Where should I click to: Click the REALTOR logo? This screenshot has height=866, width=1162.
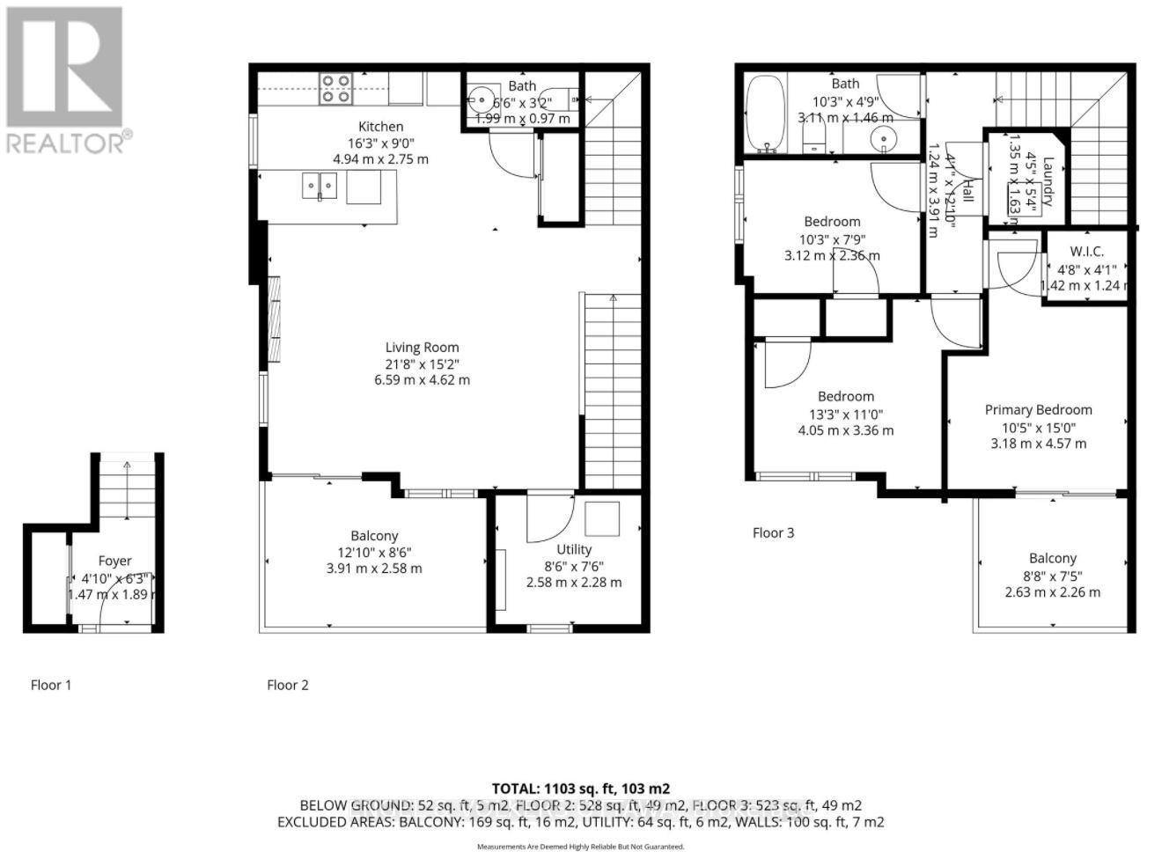[x=65, y=79]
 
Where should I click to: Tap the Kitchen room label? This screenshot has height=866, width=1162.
[x=380, y=127]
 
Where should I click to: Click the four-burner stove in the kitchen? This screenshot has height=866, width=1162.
[x=335, y=88]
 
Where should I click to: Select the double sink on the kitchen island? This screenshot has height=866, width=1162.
[x=320, y=187]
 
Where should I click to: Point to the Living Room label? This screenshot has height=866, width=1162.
[x=422, y=347]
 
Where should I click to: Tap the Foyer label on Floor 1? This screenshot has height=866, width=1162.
[x=114, y=561]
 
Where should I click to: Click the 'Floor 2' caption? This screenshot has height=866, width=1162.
[x=288, y=685]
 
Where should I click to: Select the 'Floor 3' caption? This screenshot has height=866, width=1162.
[x=773, y=532]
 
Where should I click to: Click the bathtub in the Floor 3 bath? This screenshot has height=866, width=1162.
[x=765, y=114]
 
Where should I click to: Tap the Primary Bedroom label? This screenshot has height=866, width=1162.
[x=1038, y=409]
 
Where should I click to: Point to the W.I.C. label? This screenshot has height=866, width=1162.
[x=1086, y=252]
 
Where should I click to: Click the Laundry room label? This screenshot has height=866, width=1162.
[x=1048, y=181]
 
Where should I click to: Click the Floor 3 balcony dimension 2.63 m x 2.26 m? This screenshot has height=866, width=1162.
[x=1052, y=592]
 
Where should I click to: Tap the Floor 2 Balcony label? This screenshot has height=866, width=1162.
[x=374, y=535]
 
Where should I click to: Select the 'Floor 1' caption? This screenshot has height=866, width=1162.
[x=51, y=685]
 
